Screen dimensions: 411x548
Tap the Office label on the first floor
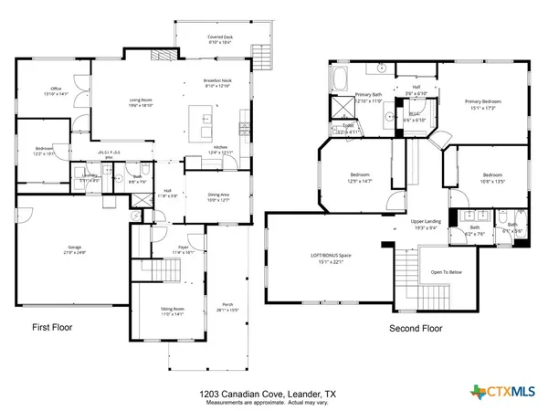click(x=56, y=91)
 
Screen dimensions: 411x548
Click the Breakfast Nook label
click(x=216, y=83)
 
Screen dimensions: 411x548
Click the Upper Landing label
click(x=427, y=224)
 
